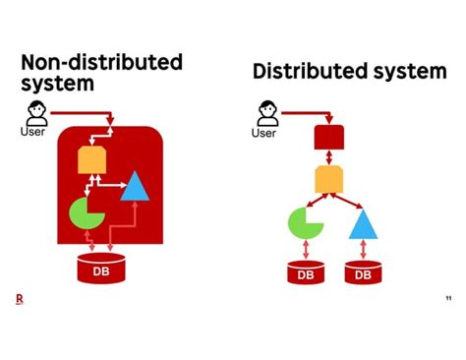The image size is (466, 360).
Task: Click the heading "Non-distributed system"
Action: [x=101, y=72]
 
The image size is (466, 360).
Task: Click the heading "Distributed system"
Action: [x=349, y=71]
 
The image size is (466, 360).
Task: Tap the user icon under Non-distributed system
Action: [x=36, y=113]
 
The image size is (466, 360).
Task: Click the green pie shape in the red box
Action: [x=86, y=213]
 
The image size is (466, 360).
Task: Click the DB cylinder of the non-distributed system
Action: [x=101, y=268]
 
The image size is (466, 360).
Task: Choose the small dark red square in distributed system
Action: [x=326, y=137]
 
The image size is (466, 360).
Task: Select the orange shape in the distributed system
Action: [x=327, y=179]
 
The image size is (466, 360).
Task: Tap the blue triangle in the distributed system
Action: [x=363, y=225]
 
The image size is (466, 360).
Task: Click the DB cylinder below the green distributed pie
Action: [x=306, y=272]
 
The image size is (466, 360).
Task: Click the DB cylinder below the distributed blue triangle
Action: [x=364, y=272]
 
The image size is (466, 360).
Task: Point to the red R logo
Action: [x=20, y=300]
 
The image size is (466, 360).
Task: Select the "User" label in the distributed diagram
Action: [x=263, y=133]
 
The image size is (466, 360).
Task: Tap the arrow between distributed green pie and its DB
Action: [x=306, y=250]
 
